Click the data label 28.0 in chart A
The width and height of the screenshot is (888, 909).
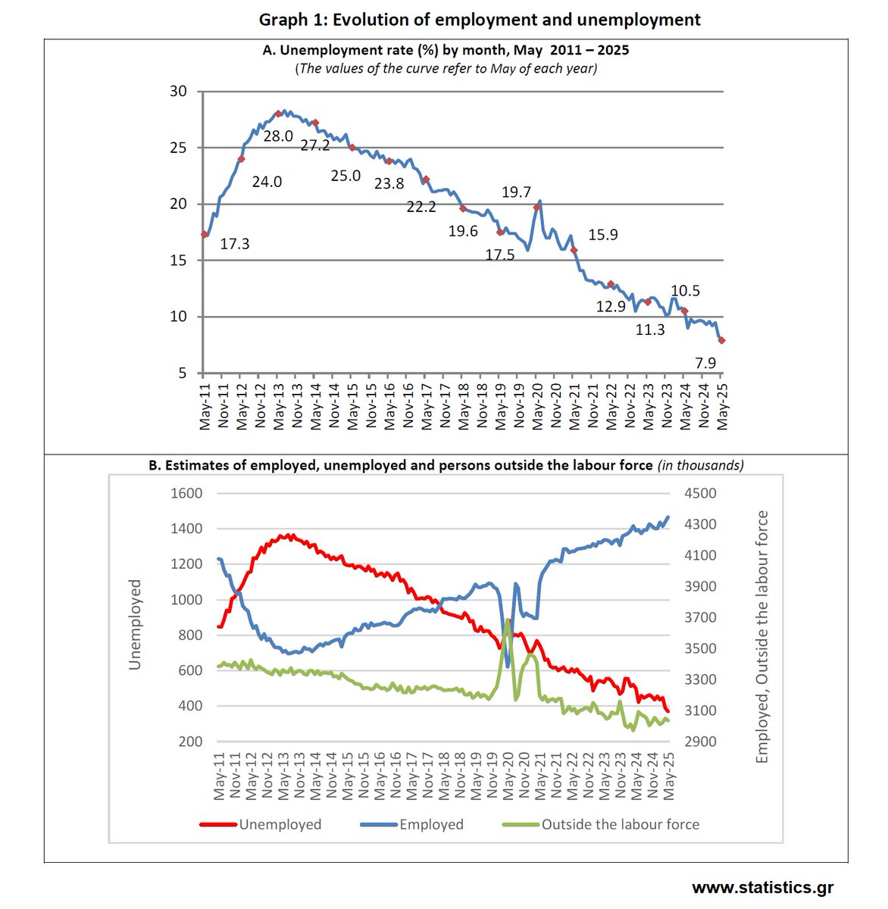point(278,136)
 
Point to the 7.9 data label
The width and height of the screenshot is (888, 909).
point(705,363)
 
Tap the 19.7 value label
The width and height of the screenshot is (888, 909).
point(516,192)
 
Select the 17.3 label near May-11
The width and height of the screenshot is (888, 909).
point(235,244)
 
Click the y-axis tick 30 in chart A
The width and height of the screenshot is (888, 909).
point(178,92)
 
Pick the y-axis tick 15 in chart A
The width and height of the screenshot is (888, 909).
point(178,261)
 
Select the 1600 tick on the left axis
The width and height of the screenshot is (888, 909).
point(186,493)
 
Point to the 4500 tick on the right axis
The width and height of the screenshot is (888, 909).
point(700,493)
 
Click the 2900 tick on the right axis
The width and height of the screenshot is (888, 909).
point(700,742)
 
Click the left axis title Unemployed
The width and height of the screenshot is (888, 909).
point(135,624)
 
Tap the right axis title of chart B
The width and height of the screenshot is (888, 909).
point(761,636)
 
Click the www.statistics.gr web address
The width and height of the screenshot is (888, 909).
point(762,887)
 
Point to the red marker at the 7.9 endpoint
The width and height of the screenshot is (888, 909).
point(722,341)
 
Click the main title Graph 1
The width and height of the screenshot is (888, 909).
point(480,20)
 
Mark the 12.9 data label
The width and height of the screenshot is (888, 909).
point(611,306)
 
